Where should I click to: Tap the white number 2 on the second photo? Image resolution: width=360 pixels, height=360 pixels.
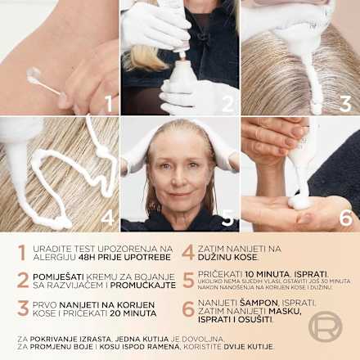(x=227, y=102)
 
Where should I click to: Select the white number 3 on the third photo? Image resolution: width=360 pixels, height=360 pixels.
(x=344, y=103)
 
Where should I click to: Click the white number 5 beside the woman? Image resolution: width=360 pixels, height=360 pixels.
(x=227, y=218)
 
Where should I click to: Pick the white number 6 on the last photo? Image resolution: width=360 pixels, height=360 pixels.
(x=345, y=218)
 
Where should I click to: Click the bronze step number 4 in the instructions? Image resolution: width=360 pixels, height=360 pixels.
(x=188, y=253)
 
